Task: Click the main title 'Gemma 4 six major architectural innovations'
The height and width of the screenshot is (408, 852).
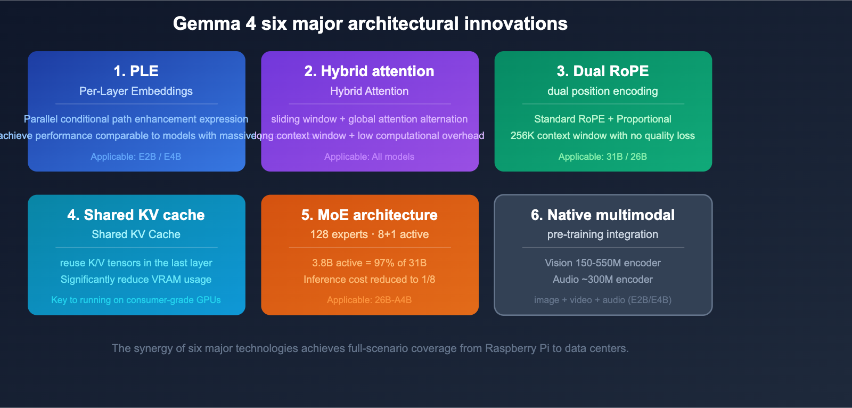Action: tap(370, 24)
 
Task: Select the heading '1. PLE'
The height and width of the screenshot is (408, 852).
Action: tap(136, 71)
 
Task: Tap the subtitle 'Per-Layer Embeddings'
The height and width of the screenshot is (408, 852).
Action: tap(136, 91)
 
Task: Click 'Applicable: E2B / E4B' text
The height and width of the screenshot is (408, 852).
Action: tap(136, 157)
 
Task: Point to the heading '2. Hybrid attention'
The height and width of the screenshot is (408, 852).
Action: tap(369, 71)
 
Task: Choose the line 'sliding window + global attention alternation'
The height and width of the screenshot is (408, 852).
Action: tap(369, 119)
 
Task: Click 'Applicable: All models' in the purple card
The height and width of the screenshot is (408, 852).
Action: tap(369, 157)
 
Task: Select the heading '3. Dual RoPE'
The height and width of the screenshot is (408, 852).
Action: tap(602, 71)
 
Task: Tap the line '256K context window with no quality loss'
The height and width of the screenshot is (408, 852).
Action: tap(602, 136)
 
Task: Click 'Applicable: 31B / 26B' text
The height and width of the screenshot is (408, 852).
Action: tap(602, 157)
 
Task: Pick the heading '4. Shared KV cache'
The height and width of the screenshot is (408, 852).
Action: tap(136, 215)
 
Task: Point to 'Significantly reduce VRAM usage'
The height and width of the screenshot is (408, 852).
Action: tap(136, 280)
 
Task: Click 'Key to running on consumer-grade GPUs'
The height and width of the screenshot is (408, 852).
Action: tap(136, 300)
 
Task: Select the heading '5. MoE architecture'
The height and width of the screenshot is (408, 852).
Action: tap(369, 215)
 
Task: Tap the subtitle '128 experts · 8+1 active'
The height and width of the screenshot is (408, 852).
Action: tap(369, 234)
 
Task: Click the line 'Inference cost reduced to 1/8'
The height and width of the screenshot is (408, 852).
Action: tap(369, 280)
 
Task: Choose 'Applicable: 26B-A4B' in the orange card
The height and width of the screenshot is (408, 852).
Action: tap(369, 300)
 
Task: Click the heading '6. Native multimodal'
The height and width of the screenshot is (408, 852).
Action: tap(602, 215)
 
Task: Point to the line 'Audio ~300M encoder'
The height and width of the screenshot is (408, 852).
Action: tap(602, 280)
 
